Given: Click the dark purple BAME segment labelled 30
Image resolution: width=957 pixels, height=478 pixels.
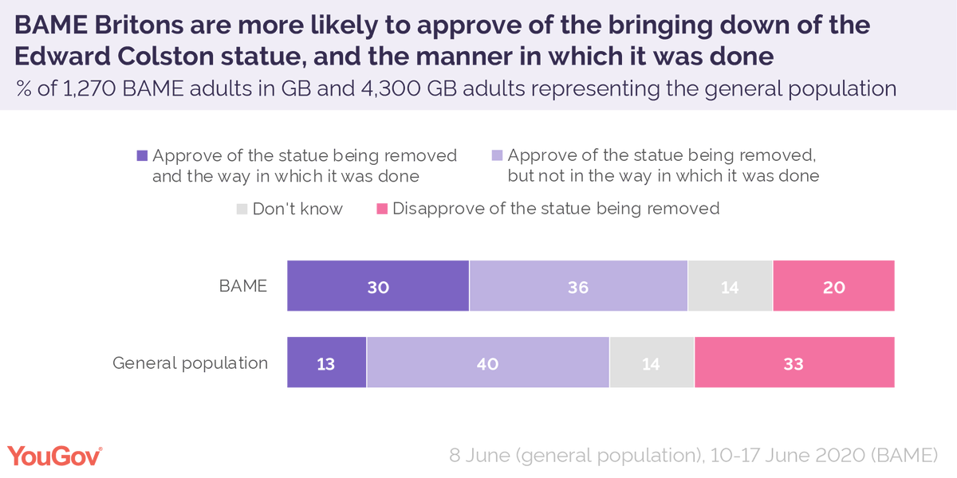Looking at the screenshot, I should (x=378, y=285).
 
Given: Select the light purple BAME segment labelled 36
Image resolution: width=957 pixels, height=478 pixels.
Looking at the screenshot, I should (x=578, y=285).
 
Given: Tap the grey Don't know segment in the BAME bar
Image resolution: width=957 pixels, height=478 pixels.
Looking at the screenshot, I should (x=730, y=285).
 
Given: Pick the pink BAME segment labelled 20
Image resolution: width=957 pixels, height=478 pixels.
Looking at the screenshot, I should (x=833, y=285).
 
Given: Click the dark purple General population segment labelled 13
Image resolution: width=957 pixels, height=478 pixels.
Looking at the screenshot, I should (x=327, y=362).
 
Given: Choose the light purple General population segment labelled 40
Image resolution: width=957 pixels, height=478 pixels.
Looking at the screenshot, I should (x=488, y=362).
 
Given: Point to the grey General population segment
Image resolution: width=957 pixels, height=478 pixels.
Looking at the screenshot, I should (x=652, y=362).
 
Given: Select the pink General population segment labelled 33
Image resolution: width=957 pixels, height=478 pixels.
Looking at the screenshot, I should (x=794, y=362).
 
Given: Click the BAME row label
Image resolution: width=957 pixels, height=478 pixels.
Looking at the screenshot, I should (x=242, y=285).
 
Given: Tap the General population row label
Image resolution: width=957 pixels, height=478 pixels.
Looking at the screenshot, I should (x=190, y=362).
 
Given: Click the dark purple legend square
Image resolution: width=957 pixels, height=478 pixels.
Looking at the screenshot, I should (x=143, y=156).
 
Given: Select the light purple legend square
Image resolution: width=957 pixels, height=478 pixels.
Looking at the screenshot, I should (x=498, y=156).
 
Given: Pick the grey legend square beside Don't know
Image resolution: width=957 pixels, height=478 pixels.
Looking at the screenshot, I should (x=242, y=210).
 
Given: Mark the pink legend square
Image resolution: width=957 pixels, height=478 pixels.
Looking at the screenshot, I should (x=382, y=210).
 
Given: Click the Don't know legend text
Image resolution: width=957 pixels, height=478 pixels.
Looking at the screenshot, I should (x=297, y=210).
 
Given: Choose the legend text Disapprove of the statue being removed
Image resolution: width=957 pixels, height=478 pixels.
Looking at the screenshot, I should (x=556, y=209).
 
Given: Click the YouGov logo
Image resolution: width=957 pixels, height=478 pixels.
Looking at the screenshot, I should (x=55, y=455).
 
